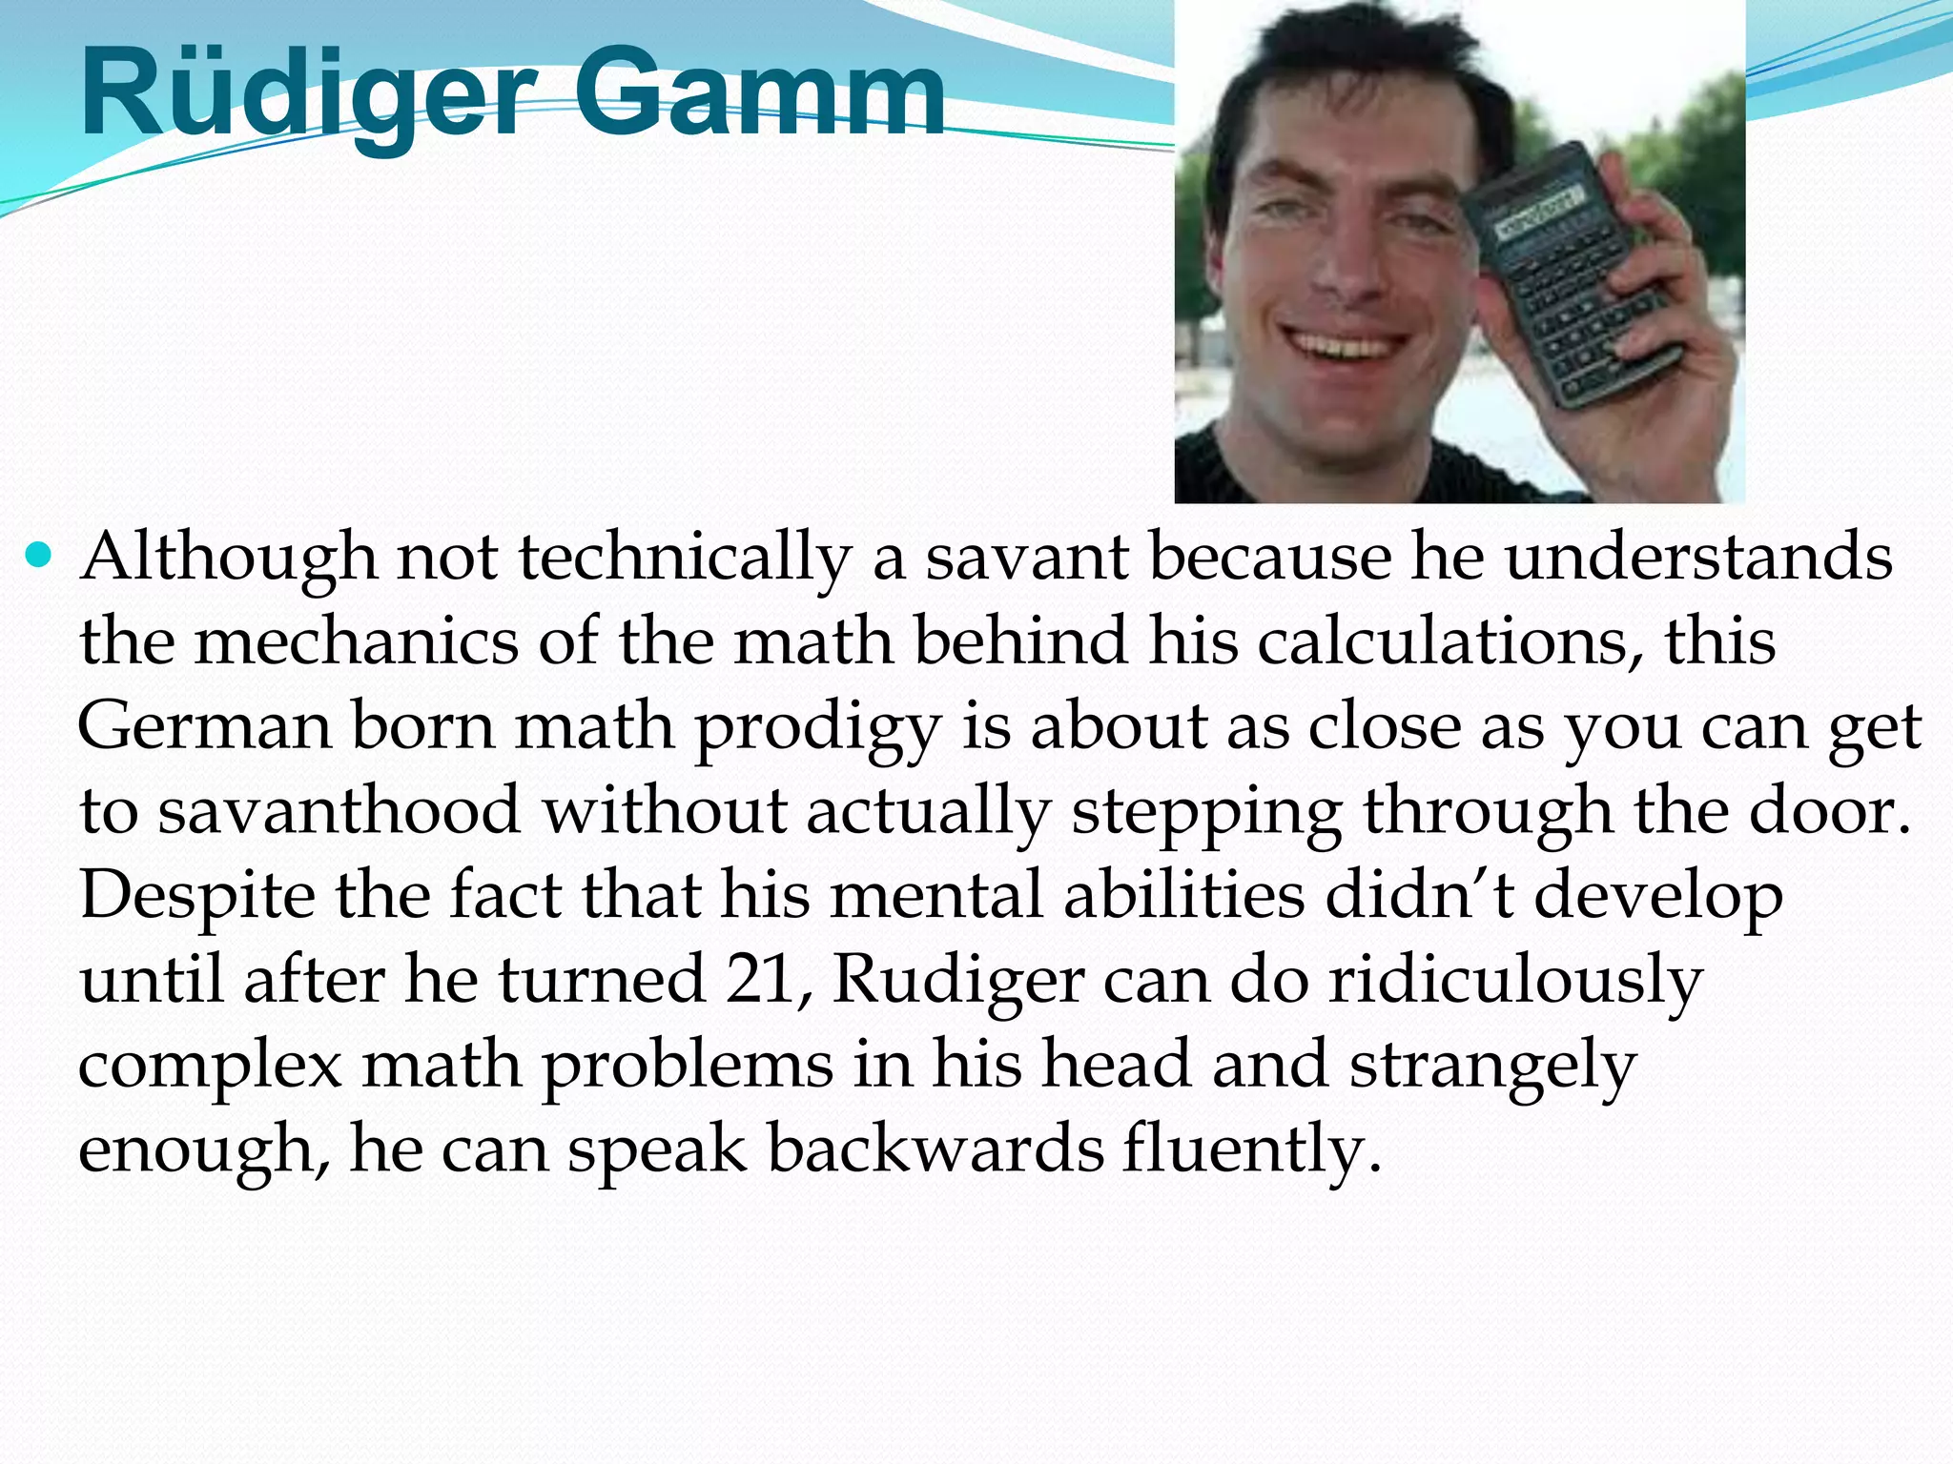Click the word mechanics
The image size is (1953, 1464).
point(357,641)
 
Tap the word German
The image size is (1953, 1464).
point(205,727)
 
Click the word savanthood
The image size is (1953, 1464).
point(339,811)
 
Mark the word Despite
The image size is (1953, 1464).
point(196,897)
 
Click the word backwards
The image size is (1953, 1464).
point(935,1149)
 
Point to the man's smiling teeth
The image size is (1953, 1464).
point(1346,345)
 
